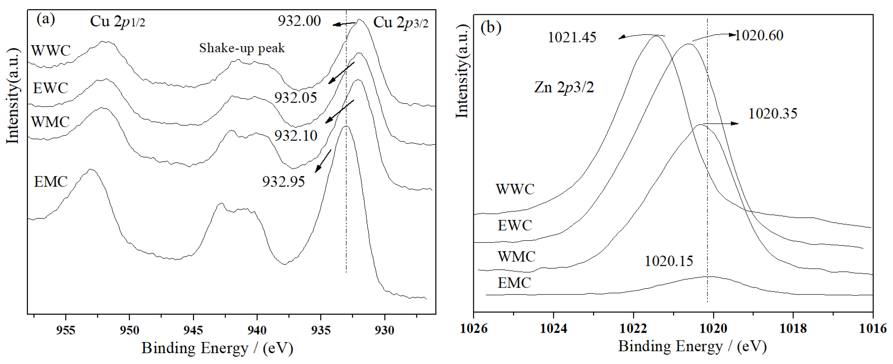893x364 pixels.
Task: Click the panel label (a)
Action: pos(46,20)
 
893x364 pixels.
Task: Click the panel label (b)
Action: pos(491,28)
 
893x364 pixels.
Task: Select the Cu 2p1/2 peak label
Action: pos(117,22)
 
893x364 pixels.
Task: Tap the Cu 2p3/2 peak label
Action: pos(400,23)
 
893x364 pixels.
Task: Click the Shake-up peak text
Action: pos(242,48)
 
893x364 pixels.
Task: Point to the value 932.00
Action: pos(299,21)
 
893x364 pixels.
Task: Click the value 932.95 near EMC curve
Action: pos(283,182)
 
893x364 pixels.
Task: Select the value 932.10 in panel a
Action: pos(296,136)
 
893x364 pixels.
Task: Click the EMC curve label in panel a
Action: pos(51,182)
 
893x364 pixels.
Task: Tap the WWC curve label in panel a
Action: pos(51,51)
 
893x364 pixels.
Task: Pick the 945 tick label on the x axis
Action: pos(193,330)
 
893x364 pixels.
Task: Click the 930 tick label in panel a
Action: pos(385,330)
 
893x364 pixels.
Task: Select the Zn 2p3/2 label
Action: pos(564,87)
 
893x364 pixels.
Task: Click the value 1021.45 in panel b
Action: pos(572,37)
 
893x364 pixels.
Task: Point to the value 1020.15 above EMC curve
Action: pos(669,261)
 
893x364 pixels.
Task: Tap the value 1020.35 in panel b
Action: pos(773,114)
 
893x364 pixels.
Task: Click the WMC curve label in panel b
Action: pos(516,257)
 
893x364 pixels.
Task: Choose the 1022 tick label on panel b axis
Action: pos(633,328)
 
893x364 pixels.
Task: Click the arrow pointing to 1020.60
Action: pos(714,36)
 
